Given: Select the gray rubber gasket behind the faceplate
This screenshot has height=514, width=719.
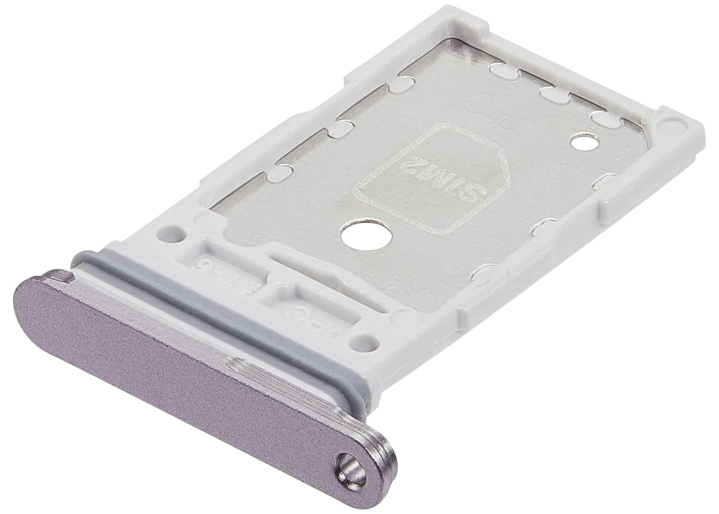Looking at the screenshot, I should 224,316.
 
